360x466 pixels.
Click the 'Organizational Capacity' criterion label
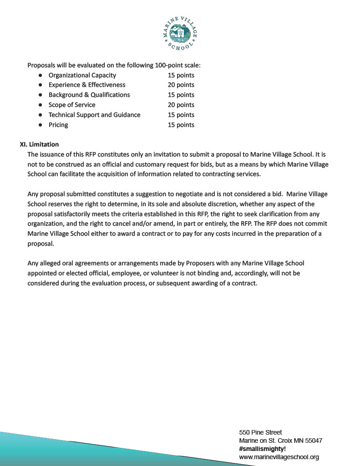click(x=82, y=75)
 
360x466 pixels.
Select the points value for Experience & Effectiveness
click(x=181, y=85)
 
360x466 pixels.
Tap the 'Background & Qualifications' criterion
click(x=89, y=95)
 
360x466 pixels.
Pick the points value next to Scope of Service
click(x=181, y=105)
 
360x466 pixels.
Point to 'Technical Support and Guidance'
click(x=94, y=115)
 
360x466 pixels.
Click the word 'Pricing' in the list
click(x=58, y=125)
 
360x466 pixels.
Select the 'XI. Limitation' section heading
click(x=39, y=145)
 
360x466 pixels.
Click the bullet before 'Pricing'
click(x=41, y=125)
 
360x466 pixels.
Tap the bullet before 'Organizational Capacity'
click(x=41, y=75)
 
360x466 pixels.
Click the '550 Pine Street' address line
click(x=260, y=432)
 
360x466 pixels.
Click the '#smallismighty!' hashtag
click(x=262, y=449)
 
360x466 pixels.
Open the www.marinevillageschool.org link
click(x=279, y=457)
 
